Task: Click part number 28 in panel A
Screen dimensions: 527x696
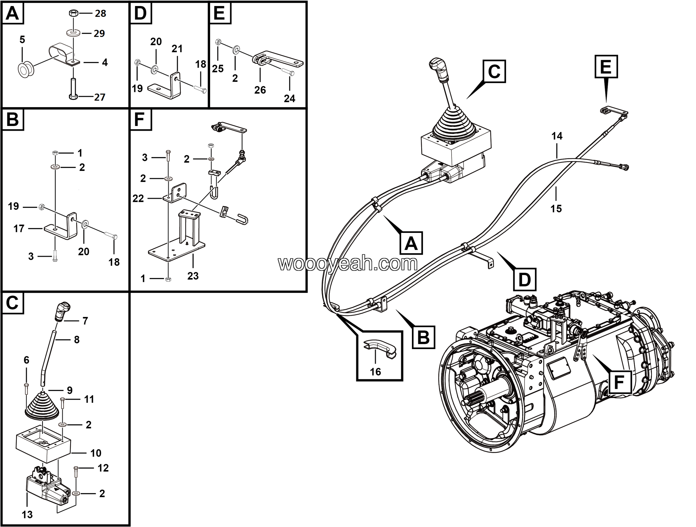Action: [x=100, y=14]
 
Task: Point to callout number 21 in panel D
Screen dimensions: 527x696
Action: [x=177, y=49]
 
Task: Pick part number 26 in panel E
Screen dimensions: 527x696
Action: [x=260, y=90]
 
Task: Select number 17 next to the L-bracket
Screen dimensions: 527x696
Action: [x=19, y=228]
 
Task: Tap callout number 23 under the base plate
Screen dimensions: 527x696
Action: [x=193, y=276]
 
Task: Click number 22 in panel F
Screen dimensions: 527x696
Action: [x=138, y=198]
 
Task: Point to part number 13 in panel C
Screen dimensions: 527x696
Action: [x=27, y=514]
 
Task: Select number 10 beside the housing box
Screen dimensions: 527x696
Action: [x=96, y=453]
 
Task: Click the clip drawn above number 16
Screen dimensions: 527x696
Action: [x=380, y=348]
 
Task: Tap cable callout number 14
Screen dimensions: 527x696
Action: [x=557, y=136]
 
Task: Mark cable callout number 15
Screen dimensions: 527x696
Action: [x=556, y=208]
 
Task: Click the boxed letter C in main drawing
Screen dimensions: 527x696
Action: [x=494, y=72]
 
